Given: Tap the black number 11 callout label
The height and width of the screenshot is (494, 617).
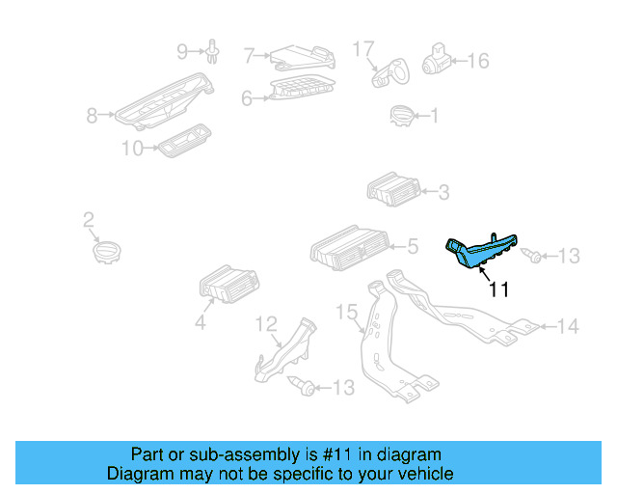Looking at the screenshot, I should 497,288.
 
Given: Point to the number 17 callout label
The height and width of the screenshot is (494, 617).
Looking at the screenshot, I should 362,47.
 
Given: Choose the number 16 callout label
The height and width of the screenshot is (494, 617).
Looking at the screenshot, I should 478,61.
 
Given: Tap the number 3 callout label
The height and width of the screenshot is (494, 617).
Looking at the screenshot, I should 443,193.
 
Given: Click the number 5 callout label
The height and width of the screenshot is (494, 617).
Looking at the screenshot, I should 412,247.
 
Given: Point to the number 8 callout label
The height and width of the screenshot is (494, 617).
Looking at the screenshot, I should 93,117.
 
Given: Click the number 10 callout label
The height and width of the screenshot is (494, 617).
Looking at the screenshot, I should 132,148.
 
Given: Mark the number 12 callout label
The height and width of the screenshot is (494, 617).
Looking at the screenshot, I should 266,323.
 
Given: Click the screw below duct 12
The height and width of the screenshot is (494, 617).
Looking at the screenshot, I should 303,386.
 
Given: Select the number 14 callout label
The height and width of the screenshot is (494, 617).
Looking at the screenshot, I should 568,327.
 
